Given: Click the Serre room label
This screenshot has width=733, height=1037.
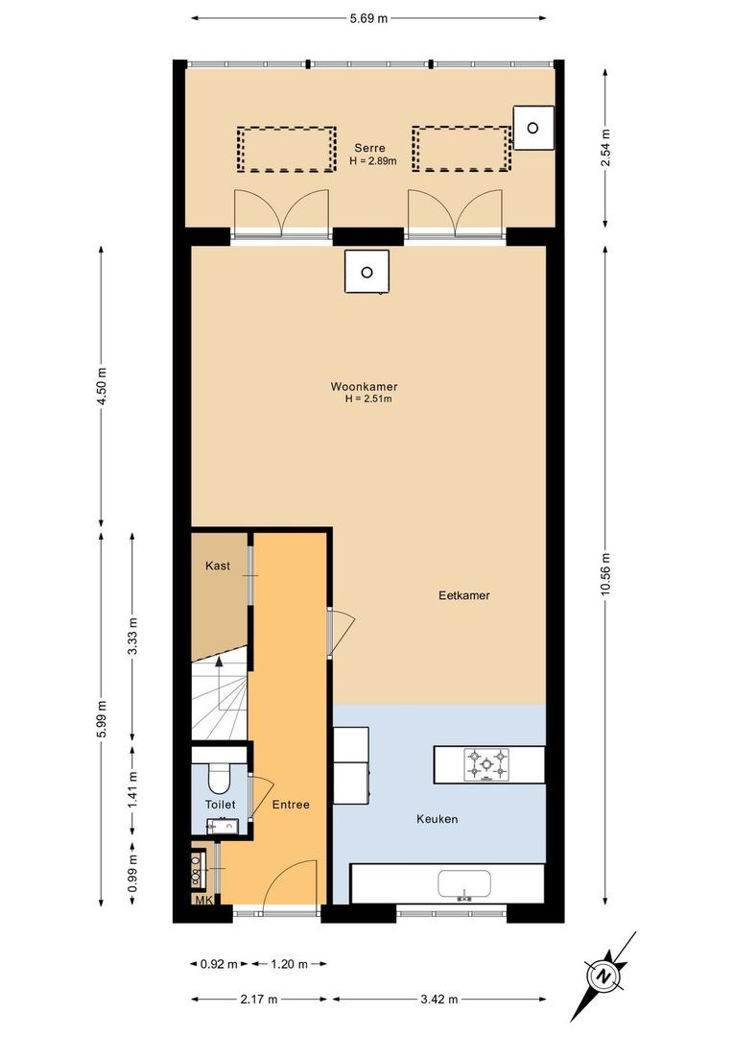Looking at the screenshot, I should coord(369,148).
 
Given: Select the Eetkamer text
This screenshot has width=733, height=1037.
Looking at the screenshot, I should coord(464,595).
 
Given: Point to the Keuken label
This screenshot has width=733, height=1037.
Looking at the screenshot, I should coord(437,819).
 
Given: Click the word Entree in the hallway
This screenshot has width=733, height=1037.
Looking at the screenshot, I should coord(291,805).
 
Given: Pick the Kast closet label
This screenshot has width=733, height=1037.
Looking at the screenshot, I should coord(218,566).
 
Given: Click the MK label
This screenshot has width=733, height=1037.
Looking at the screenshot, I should coord(202,900).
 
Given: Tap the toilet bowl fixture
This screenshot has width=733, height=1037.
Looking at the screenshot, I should coord(219,773).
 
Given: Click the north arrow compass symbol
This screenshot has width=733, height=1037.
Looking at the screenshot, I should coord(604,977).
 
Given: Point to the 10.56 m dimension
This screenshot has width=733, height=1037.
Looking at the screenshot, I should coord(604,574).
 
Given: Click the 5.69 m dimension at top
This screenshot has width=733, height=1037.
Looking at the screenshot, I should coord(368,17).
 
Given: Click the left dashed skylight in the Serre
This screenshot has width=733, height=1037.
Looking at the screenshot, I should coord(287,149).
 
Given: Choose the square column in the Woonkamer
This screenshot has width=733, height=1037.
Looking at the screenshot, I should coord(366,272).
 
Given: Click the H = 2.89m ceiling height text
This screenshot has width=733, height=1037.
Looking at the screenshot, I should coord(369,160).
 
